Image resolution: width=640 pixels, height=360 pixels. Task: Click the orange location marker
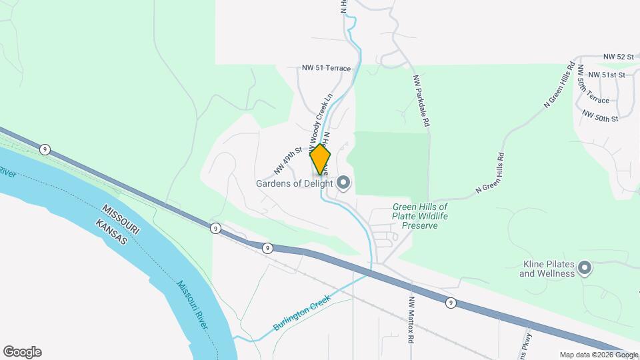(321, 160)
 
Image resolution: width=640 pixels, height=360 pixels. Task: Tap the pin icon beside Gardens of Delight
(344, 182)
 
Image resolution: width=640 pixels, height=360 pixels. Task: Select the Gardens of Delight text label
(294, 183)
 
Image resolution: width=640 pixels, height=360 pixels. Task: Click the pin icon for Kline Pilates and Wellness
(585, 268)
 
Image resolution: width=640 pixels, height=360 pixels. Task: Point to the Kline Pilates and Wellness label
(547, 269)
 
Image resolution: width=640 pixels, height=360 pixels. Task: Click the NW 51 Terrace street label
(326, 68)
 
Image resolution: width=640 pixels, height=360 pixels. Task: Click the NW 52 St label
(617, 57)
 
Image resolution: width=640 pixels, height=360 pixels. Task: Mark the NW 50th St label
(600, 116)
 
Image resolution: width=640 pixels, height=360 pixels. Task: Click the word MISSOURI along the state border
(121, 218)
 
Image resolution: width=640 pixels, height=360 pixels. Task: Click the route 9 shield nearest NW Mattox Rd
(451, 303)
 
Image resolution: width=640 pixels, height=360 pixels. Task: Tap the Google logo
(22, 352)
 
